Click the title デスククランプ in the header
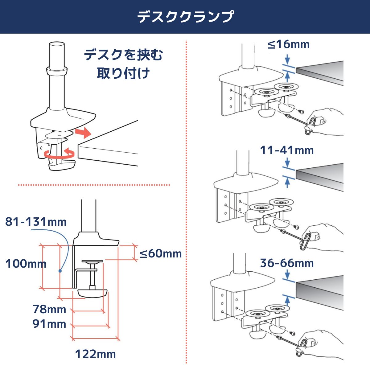pyautogui.click(x=185, y=17)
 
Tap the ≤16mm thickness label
pyautogui.click(x=288, y=44)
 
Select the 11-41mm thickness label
pyautogui.click(x=287, y=150)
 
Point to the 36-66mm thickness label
pyautogui.click(x=287, y=263)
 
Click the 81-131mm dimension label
pyautogui.click(x=36, y=222)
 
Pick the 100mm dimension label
pyautogui.click(x=26, y=264)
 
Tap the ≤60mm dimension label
pyautogui.click(x=161, y=254)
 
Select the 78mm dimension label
pyautogui.click(x=49, y=309)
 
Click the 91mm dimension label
pyautogui.click(x=49, y=324)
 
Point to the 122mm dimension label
pyautogui.click(x=96, y=354)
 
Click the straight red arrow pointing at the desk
pyautogui.click(x=83, y=133)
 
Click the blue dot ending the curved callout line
pyautogui.click(x=60, y=271)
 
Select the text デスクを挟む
pyautogui.click(x=123, y=55)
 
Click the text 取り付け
pyautogui.click(x=123, y=74)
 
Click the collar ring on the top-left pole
pyautogui.click(x=57, y=70)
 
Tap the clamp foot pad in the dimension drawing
pyautogui.click(x=92, y=293)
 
